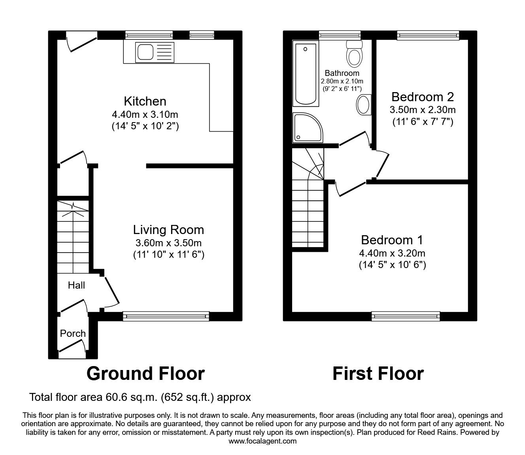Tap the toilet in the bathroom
(354, 54)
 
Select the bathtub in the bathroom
(305, 74)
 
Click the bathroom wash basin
(363, 104)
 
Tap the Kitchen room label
(145, 101)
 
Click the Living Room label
(168, 230)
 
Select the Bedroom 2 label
(422, 97)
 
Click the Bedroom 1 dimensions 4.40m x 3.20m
(392, 253)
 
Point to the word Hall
(76, 285)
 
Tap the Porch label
(73, 333)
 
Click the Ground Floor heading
(145, 373)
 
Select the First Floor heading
(378, 373)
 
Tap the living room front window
(166, 315)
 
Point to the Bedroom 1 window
(406, 315)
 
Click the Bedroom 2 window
(428, 36)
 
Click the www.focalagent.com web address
(262, 441)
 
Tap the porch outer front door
(72, 347)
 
